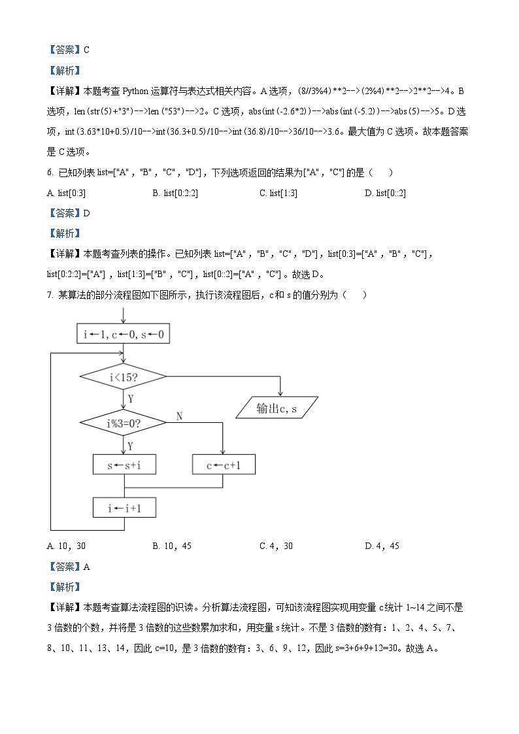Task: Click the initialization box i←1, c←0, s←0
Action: (x=123, y=335)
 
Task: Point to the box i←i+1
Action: (x=124, y=508)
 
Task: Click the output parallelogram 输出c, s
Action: (x=276, y=408)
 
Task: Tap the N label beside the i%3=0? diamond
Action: (x=180, y=416)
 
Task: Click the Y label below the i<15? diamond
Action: (x=131, y=398)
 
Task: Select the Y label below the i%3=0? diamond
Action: (x=131, y=446)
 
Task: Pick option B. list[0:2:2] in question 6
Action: (x=175, y=193)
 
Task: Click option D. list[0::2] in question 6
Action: (x=385, y=193)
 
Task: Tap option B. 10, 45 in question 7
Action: (x=171, y=546)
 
